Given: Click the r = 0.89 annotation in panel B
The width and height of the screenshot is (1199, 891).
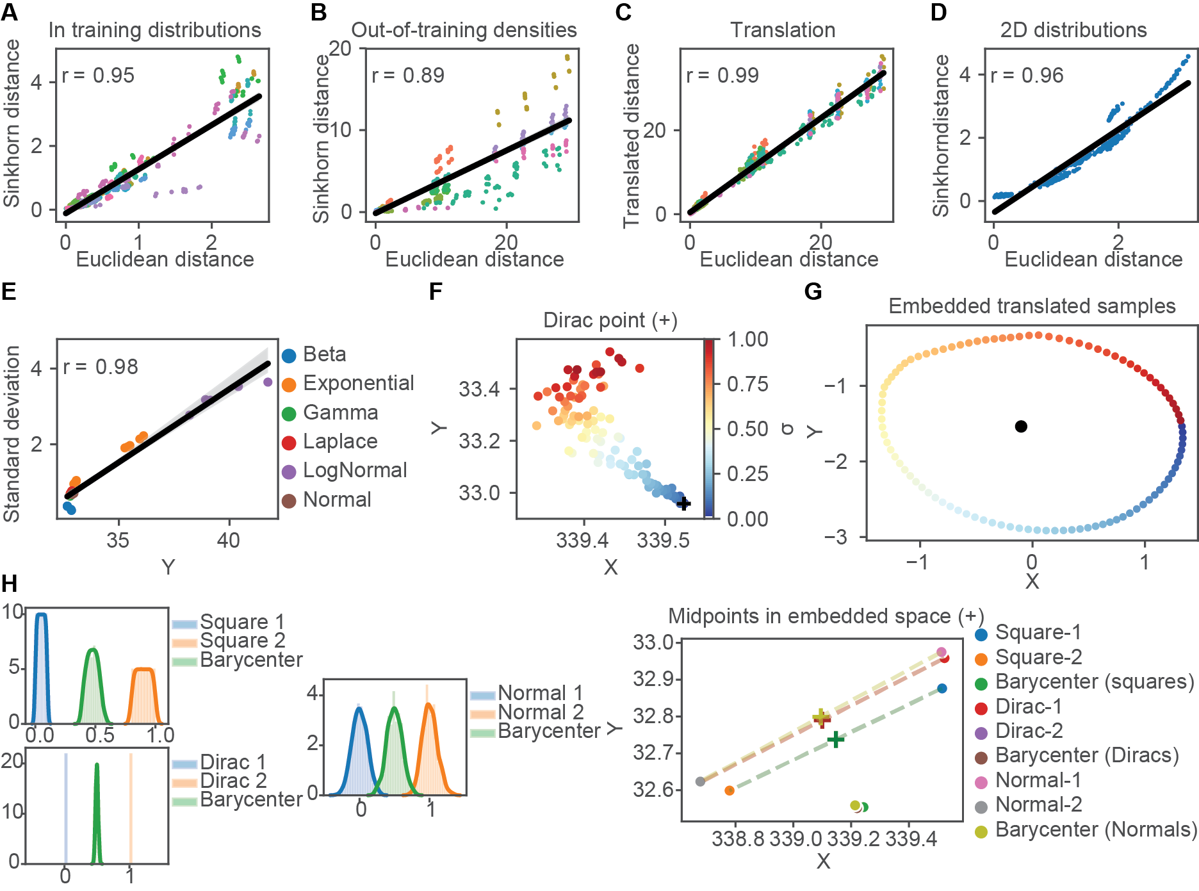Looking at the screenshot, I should [x=408, y=76].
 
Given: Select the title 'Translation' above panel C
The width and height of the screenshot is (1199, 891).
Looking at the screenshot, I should [x=783, y=29].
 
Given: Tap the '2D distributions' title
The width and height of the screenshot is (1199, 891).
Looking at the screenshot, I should [x=1073, y=29].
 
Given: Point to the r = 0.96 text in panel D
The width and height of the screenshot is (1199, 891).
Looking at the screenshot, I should [x=1027, y=76].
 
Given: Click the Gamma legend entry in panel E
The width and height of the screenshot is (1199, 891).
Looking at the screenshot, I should [x=340, y=413].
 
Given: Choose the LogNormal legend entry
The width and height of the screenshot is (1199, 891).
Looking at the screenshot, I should [x=354, y=470].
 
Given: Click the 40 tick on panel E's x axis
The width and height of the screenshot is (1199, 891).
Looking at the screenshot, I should [x=229, y=541].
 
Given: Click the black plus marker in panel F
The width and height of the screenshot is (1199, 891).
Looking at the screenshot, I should [x=684, y=503].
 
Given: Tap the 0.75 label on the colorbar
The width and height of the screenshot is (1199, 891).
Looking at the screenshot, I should [x=747, y=384].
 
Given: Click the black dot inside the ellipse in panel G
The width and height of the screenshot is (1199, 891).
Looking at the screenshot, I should [x=1021, y=427].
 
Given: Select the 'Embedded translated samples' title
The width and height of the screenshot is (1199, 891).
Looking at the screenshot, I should [x=1032, y=306].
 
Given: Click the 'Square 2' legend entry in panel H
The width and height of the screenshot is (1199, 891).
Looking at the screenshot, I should [x=242, y=641].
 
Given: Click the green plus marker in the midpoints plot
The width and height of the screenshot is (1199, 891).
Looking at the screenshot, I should [x=835, y=740].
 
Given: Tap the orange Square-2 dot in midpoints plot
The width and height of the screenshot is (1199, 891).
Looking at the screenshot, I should [x=729, y=790].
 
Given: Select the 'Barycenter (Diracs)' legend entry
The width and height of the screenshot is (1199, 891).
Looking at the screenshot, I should [x=1086, y=755].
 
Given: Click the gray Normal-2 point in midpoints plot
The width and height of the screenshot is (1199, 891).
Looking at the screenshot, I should [x=700, y=781].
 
